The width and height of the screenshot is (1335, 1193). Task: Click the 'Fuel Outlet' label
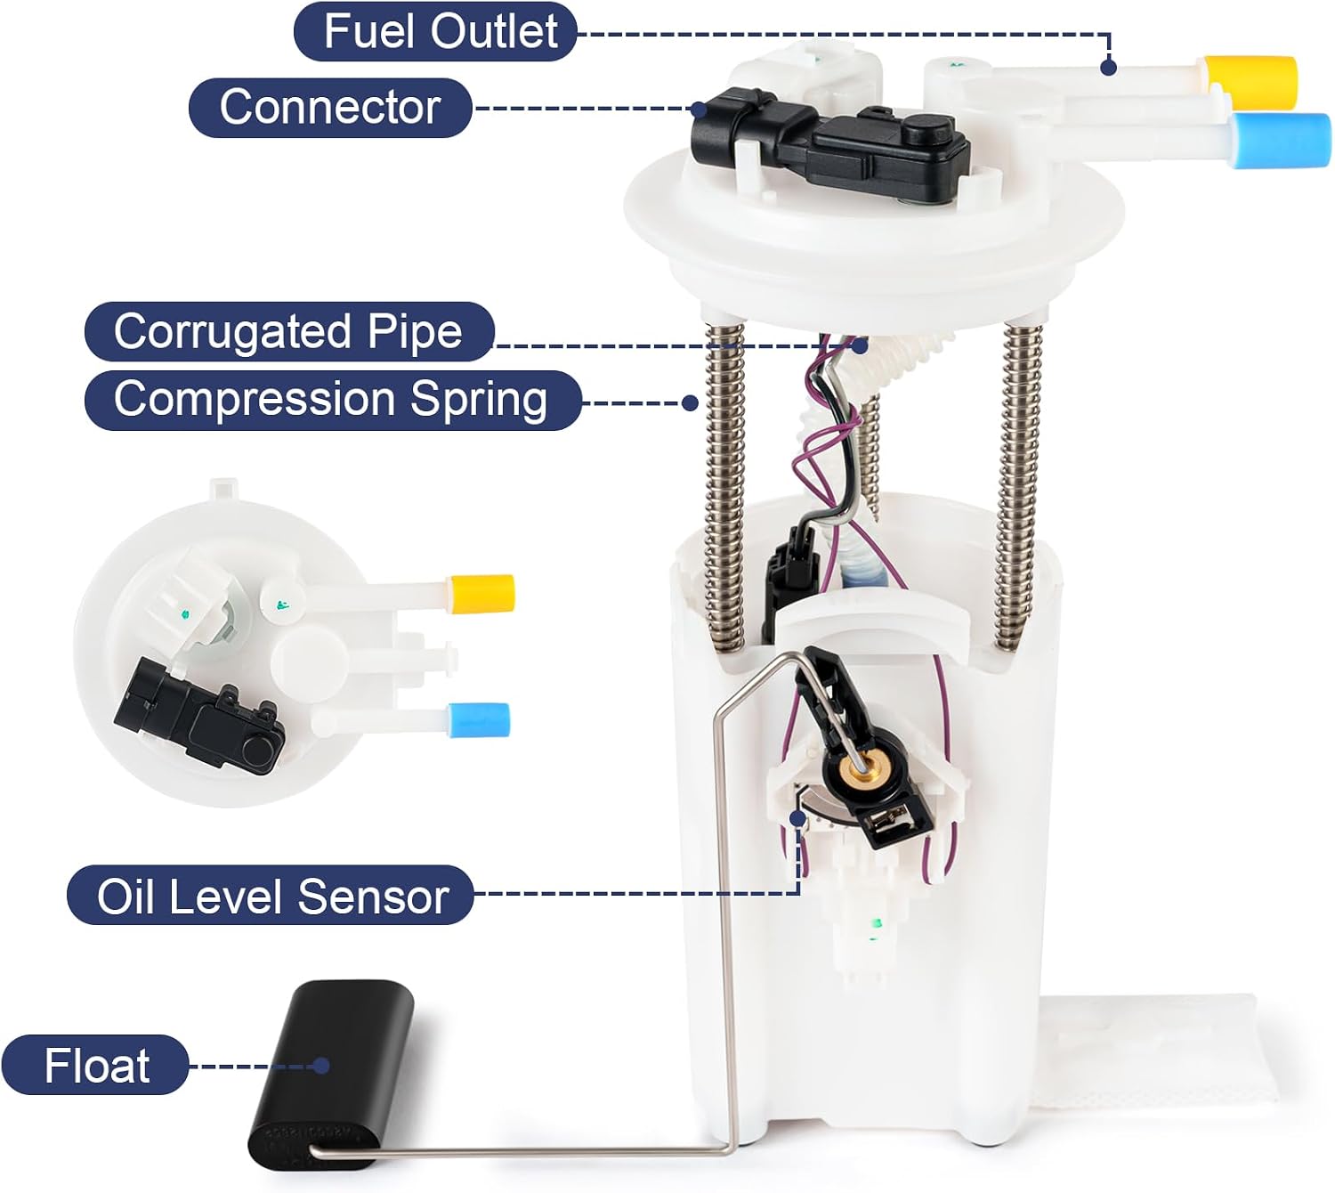point(435,32)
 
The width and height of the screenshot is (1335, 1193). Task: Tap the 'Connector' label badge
point(330,108)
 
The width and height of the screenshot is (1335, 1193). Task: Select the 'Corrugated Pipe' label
point(289,331)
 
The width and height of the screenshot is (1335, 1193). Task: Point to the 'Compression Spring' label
point(333,400)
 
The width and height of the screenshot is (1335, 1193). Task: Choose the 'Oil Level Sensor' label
point(271,895)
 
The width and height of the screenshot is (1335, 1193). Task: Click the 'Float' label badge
point(95,1066)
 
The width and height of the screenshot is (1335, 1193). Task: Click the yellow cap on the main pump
point(1250,83)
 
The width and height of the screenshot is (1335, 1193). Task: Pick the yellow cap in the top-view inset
point(481,594)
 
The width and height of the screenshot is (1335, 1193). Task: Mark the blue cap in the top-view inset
point(479,719)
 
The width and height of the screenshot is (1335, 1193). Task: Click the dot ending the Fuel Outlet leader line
point(1108,67)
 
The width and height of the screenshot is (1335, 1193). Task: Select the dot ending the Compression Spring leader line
point(690,402)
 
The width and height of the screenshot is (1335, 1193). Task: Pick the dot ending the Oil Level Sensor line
point(798,818)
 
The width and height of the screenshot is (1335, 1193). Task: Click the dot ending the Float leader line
point(321,1066)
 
